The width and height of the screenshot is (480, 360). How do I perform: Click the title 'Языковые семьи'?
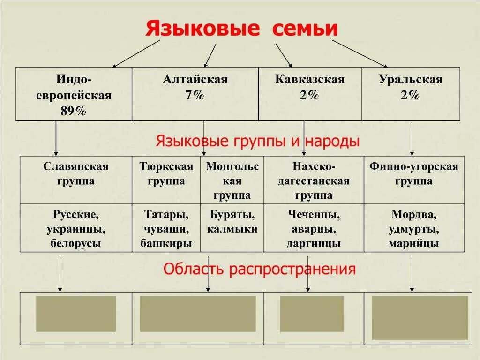241,29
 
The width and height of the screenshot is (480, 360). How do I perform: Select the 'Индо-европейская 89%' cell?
74,95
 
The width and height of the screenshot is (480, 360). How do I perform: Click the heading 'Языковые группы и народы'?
257,141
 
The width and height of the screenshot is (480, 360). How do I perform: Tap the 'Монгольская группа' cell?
232,180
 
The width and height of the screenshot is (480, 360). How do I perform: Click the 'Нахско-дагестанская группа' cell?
314,180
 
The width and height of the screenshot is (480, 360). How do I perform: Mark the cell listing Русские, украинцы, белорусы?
76,229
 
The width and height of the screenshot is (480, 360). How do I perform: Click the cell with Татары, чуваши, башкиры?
166,229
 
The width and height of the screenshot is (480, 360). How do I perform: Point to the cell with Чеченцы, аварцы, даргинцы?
314,229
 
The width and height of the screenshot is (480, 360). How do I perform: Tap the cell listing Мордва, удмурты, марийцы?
414,229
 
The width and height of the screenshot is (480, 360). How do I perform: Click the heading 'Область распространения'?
259,269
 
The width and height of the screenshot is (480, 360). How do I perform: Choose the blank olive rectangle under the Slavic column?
76,314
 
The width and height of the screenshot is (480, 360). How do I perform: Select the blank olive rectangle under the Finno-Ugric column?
420,317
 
